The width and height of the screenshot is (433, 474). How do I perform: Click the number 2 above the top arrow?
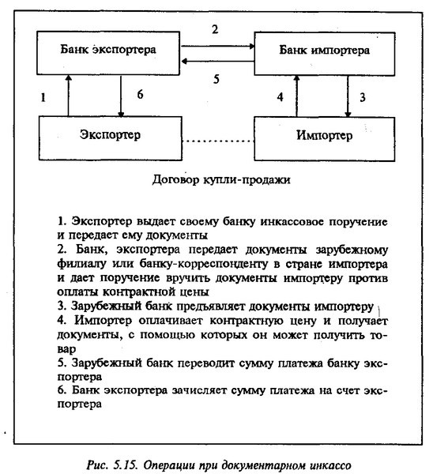pos(215,29)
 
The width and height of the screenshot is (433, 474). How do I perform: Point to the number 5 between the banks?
pos(216,79)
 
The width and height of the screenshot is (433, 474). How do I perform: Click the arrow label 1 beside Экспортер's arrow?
pos(43,98)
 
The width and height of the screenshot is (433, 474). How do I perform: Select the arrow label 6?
pos(140,94)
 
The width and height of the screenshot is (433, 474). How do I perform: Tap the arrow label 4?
pos(281,97)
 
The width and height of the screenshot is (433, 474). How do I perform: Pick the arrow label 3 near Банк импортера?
pos(363,97)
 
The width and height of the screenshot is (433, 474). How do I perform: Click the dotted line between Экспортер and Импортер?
pos(218,141)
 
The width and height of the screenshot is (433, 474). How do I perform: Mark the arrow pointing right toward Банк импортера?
pos(217,47)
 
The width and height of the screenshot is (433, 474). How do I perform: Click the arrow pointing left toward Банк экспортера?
pos(217,62)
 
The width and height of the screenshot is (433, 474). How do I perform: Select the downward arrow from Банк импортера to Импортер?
pos(348,96)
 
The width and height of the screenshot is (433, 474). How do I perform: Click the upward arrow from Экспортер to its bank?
pos(68,96)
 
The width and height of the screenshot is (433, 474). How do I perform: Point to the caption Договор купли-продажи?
pos(221,179)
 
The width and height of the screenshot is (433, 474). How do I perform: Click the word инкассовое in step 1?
pos(292,221)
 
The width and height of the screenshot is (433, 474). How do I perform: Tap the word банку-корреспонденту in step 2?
pos(204,264)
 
